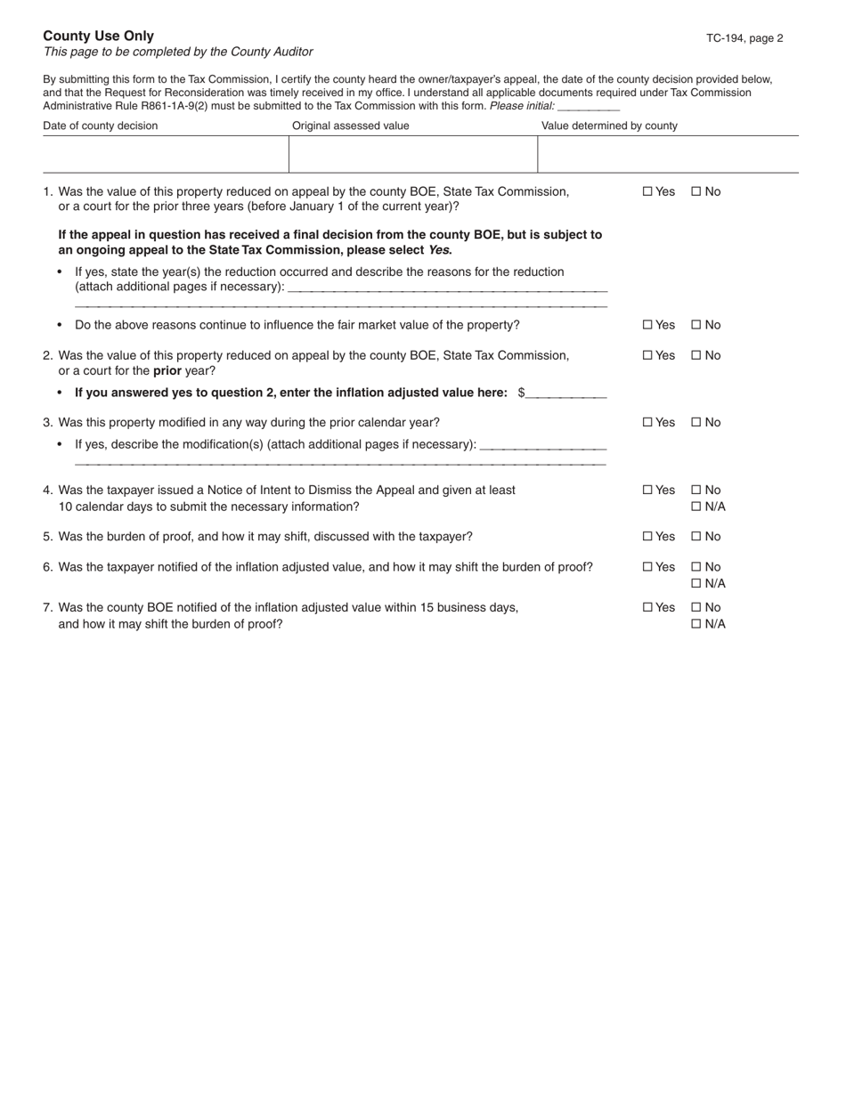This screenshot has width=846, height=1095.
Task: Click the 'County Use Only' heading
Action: click(98, 36)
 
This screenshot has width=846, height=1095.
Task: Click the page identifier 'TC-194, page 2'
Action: click(744, 38)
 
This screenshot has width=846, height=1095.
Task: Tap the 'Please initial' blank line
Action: click(588, 106)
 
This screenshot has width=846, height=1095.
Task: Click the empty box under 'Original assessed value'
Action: click(413, 154)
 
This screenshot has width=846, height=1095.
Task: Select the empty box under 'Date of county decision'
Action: click(166, 154)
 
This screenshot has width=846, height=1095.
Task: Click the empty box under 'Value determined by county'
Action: click(668, 154)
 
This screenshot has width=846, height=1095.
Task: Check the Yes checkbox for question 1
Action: click(647, 191)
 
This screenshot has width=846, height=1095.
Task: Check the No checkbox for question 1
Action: click(696, 191)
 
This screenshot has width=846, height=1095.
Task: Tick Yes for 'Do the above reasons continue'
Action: click(647, 325)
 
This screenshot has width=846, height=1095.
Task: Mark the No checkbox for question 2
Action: click(696, 355)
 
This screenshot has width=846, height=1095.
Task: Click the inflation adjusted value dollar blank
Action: click(566, 393)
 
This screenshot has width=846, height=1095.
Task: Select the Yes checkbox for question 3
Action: click(647, 422)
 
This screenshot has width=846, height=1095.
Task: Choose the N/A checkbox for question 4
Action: click(696, 507)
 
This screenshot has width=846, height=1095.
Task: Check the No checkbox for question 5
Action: click(696, 537)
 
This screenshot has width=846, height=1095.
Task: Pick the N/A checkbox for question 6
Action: click(696, 583)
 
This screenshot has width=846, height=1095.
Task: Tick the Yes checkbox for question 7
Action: click(647, 608)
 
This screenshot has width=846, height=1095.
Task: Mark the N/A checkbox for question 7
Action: click(696, 624)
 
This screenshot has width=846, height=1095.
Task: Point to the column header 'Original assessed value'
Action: click(351, 126)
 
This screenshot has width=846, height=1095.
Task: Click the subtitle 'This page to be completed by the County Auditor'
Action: click(178, 53)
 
